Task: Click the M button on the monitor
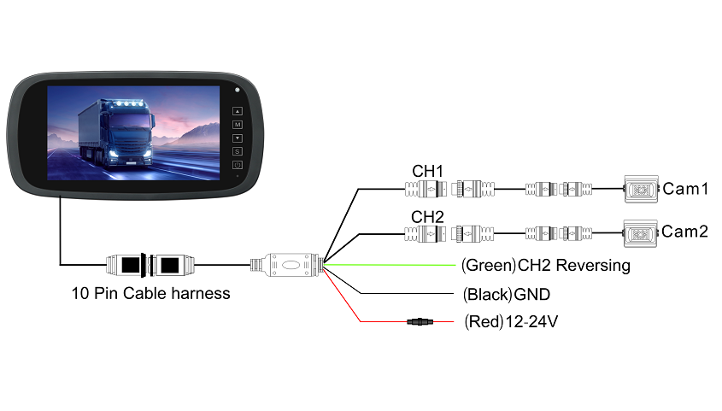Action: point(238,124)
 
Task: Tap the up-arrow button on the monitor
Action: point(238,110)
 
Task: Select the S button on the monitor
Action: point(238,151)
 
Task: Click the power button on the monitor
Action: point(238,165)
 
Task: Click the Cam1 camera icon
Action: point(640,189)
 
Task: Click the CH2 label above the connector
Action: point(427,216)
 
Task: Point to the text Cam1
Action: point(685,189)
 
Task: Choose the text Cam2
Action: point(685,232)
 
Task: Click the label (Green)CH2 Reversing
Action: point(545,266)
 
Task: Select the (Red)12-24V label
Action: point(511,322)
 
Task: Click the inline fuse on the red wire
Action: point(420,322)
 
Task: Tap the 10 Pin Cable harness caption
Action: point(151,294)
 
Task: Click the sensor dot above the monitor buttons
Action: point(238,90)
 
